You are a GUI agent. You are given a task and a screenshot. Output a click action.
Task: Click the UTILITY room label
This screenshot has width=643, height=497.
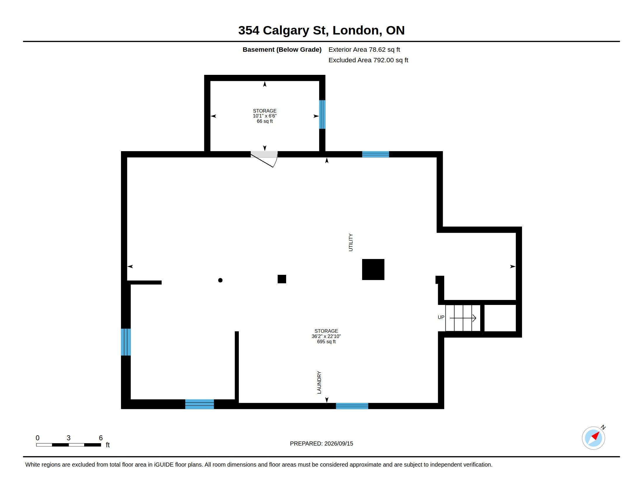[351, 242]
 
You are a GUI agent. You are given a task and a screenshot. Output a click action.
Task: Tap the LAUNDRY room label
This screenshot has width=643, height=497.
[319, 382]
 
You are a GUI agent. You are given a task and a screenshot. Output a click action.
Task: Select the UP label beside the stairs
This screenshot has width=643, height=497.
[441, 317]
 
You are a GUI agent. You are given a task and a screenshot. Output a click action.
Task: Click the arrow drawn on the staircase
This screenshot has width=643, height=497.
[463, 318]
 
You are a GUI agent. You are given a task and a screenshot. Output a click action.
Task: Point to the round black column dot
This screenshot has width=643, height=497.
[220, 280]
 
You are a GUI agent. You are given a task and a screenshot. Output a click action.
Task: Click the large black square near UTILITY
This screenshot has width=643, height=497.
[373, 270]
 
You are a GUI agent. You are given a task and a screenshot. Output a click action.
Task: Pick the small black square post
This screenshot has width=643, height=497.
[282, 279]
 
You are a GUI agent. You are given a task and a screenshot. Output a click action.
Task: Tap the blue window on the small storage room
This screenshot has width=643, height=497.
[322, 115]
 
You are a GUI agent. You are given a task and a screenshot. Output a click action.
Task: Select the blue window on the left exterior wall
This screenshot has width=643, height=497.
[126, 342]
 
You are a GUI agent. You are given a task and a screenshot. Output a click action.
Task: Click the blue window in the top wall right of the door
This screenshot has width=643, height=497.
[375, 154]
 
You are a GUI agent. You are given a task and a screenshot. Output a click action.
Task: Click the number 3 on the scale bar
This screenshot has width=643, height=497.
[69, 438]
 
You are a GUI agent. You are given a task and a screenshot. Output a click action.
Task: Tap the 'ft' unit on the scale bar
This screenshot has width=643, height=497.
[108, 445]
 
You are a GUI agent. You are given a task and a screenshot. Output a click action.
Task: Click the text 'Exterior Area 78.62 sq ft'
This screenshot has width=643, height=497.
[364, 49]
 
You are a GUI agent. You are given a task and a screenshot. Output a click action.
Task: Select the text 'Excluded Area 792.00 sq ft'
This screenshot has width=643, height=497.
[368, 60]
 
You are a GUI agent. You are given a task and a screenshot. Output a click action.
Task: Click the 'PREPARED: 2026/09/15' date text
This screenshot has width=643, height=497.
[321, 443]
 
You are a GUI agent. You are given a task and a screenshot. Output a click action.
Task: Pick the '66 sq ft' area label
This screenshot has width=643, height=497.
[265, 121]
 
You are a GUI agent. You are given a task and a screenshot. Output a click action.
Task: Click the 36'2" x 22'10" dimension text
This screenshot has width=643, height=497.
[326, 336]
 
